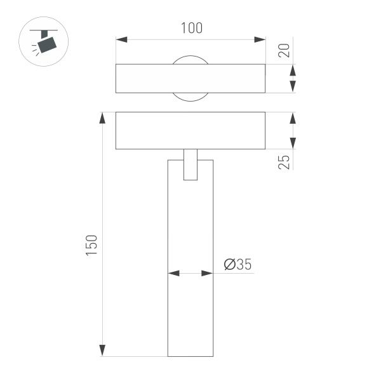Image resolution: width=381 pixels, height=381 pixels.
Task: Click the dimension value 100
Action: pyautogui.click(x=190, y=28)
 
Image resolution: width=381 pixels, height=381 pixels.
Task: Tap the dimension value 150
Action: pyautogui.click(x=91, y=245)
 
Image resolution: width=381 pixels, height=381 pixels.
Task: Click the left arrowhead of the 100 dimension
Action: pyautogui.click(x=121, y=40)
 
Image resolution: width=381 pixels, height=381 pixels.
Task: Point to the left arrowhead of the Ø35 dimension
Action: pyautogui.click(x=173, y=274)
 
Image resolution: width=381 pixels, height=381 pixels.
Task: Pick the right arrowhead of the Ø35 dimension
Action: pyautogui.click(x=206, y=274)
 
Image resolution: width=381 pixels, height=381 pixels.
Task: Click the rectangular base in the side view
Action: pyautogui.click(x=190, y=131)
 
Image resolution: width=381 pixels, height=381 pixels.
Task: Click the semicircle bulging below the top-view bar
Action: pyautogui.click(x=190, y=97)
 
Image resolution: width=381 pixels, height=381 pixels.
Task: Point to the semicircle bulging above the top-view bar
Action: pyautogui.click(x=190, y=60)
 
